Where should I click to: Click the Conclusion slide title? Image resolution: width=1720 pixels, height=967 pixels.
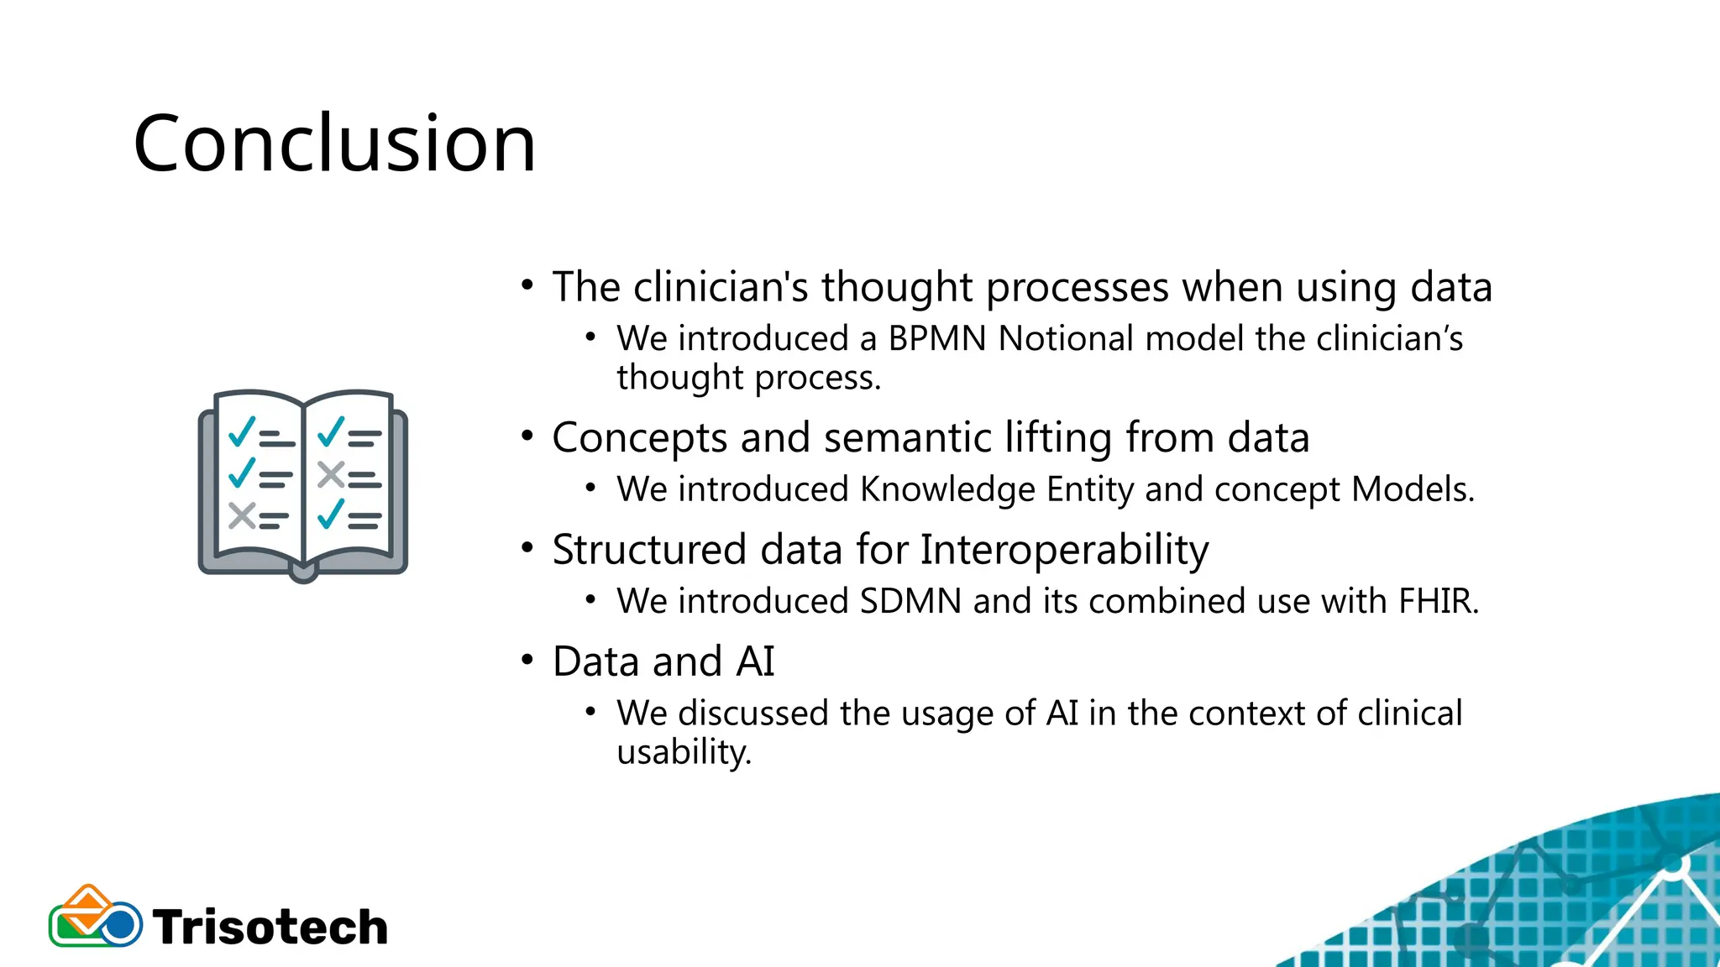click(334, 144)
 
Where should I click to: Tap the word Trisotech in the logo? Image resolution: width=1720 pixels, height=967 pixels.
click(270, 928)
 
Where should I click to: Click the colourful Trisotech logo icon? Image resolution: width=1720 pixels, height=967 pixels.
click(94, 917)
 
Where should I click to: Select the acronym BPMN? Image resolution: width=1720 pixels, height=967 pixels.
click(937, 339)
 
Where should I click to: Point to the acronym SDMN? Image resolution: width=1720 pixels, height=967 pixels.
click(910, 602)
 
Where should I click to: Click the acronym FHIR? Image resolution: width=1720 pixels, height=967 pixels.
click(1438, 602)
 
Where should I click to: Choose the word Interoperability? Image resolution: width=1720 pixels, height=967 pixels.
click(1064, 551)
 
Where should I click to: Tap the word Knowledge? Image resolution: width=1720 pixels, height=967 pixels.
click(947, 489)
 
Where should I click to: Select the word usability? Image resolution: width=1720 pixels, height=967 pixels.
click(684, 752)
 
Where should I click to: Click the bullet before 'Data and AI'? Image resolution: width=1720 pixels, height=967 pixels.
click(527, 660)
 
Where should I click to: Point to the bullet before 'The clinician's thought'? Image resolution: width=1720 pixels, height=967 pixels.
click(527, 285)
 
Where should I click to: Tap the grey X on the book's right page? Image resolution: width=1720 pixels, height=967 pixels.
click(331, 475)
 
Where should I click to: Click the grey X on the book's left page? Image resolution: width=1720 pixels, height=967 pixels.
click(242, 515)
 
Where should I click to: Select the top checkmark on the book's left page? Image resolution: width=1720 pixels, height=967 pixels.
click(242, 432)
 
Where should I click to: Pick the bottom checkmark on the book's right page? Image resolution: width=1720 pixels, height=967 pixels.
click(331, 515)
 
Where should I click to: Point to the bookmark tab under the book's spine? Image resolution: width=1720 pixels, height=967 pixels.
click(303, 573)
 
